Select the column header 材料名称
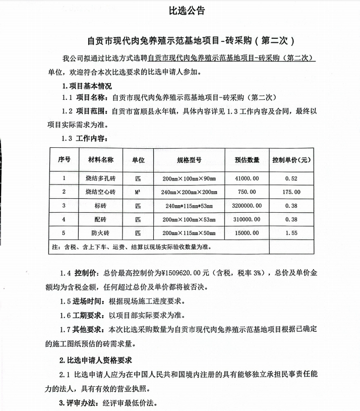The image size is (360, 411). click(x=101, y=160)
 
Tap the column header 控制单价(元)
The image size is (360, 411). click(x=291, y=160)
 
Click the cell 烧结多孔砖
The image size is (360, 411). click(x=101, y=179)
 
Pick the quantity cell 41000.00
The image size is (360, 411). click(x=247, y=179)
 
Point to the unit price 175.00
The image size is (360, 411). click(x=291, y=192)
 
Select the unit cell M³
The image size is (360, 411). click(x=138, y=192)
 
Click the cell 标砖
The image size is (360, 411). click(x=101, y=206)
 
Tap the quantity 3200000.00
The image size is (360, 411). click(x=247, y=206)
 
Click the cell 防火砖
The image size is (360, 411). click(x=101, y=233)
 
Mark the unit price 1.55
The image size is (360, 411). click(x=291, y=233)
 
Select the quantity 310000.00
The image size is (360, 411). click(x=247, y=219)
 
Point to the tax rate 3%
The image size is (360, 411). click(x=258, y=273)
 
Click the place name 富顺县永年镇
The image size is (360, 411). click(x=151, y=111)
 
